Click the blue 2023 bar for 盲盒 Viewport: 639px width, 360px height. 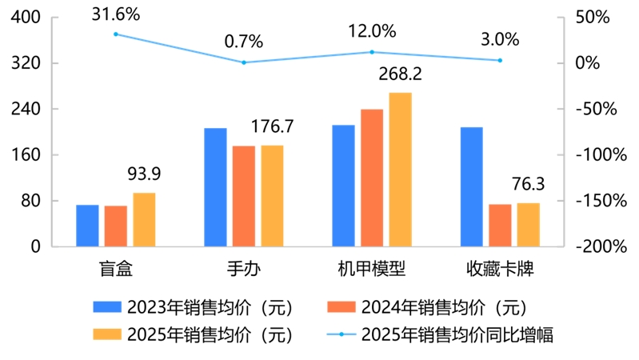pyautogui.click(x=87, y=226)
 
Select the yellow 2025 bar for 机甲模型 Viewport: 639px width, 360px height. pyautogui.click(x=400, y=170)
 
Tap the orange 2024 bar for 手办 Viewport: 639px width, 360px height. pyautogui.click(x=244, y=196)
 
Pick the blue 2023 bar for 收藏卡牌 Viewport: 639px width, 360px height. pyautogui.click(x=471, y=186)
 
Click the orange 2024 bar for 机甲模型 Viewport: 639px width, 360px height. pyautogui.click(x=372, y=178)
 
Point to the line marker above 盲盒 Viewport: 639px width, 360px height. pyautogui.click(x=116, y=34)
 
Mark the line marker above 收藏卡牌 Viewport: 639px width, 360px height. pyautogui.click(x=500, y=60)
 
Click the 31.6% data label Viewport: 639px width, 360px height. pyautogui.click(x=115, y=14)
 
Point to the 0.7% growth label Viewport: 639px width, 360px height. pyautogui.click(x=244, y=41)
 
